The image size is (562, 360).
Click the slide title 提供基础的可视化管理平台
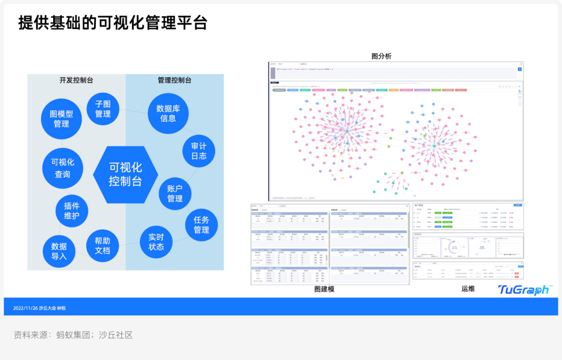point(113,22)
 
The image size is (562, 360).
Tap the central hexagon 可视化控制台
point(125,174)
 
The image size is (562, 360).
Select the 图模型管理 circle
point(61,119)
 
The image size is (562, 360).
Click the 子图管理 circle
point(103,109)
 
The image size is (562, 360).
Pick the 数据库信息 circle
point(168,113)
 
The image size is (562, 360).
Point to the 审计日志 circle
point(199,151)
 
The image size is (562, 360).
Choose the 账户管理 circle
point(175,193)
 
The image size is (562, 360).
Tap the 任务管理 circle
point(201,225)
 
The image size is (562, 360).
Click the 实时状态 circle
point(156,241)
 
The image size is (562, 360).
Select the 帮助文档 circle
point(103,246)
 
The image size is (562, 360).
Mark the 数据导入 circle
point(59,251)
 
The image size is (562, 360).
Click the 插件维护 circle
point(72,211)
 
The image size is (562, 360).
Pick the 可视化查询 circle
point(62,168)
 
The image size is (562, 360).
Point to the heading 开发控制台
point(76,80)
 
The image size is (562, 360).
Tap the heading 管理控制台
point(174,80)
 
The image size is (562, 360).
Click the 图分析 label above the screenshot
point(381,56)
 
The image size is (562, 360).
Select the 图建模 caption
point(324,289)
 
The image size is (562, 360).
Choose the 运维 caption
point(468,289)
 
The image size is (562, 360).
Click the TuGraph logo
point(523,290)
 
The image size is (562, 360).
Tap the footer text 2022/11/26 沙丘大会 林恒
point(39,308)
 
